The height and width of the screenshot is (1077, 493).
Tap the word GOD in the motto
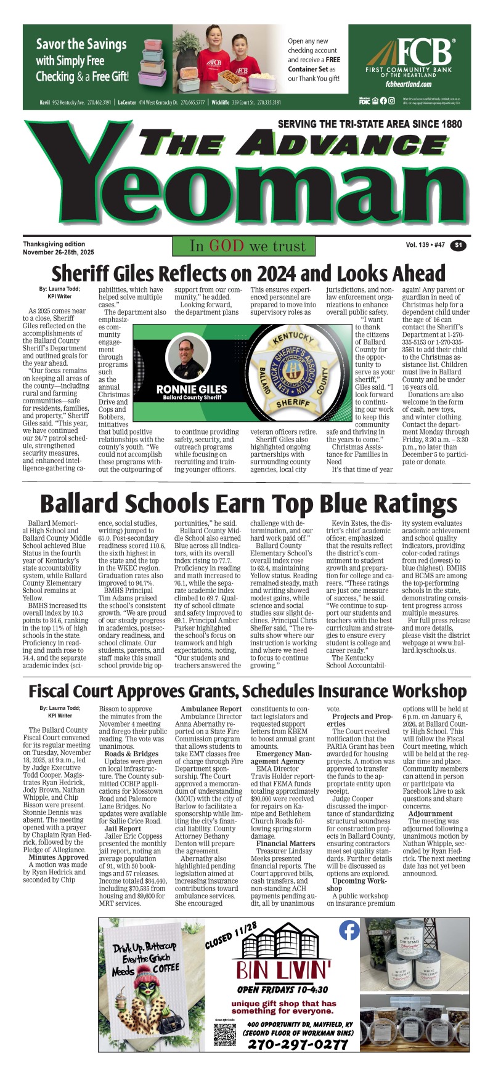click(x=226, y=246)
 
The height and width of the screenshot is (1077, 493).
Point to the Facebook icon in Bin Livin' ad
click(x=349, y=930)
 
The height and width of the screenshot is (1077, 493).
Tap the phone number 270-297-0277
click(x=298, y=1044)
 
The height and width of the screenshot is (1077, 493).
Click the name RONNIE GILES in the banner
click(x=192, y=389)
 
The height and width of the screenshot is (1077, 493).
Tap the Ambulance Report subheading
click(x=211, y=709)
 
